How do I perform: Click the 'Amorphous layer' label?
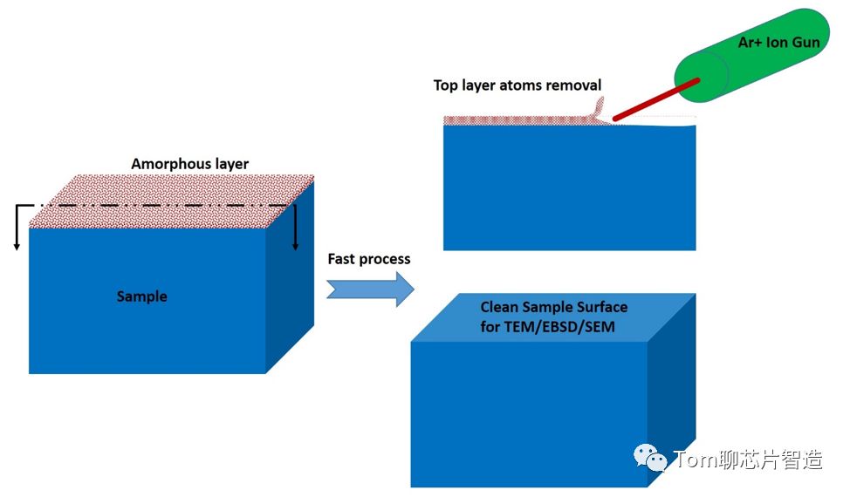click(189, 164)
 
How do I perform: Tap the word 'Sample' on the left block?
click(141, 296)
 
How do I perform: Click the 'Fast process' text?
click(368, 259)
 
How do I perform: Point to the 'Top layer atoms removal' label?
click(518, 85)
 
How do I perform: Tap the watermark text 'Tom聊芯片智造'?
click(747, 460)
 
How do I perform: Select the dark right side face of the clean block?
click(672, 392)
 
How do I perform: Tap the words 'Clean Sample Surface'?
click(553, 307)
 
